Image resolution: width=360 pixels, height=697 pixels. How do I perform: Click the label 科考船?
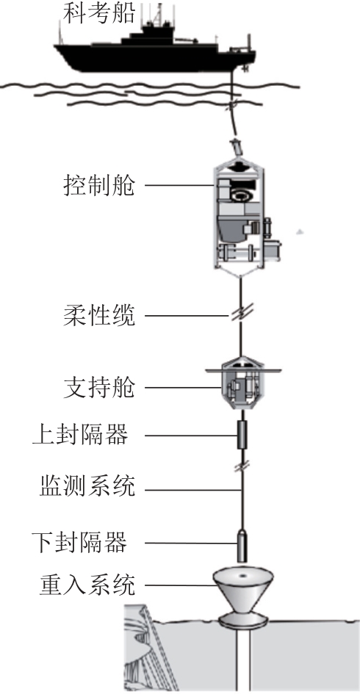pyautogui.click(x=98, y=12)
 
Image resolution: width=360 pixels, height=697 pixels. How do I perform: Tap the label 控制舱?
pyautogui.click(x=98, y=185)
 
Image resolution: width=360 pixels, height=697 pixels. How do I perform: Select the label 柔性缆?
pyautogui.click(x=98, y=316)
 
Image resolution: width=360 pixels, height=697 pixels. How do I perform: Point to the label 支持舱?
pyautogui.click(x=98, y=388)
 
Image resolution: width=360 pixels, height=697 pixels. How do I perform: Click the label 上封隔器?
pyautogui.click(x=80, y=435)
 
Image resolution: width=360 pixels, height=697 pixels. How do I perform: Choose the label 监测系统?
pyautogui.click(x=87, y=485)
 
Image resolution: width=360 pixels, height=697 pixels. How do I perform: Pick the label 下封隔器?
pyautogui.click(x=80, y=542)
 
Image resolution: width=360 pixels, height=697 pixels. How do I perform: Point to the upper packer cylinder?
pyautogui.click(x=242, y=436)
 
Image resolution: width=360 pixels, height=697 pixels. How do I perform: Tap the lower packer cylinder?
pyautogui.click(x=242, y=546)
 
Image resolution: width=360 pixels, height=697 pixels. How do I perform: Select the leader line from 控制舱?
pyautogui.click(x=181, y=185)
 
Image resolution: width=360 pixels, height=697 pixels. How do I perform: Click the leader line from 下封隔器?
pyautogui.click(x=190, y=543)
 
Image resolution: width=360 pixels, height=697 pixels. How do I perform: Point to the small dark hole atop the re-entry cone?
pyautogui.click(x=243, y=576)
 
